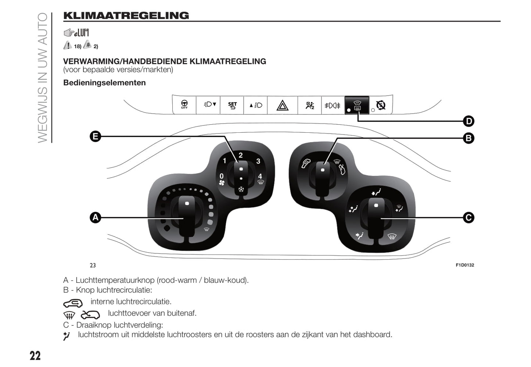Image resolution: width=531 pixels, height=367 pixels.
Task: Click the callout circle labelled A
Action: click(96, 218)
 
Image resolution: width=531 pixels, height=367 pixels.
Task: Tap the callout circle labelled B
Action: click(469, 138)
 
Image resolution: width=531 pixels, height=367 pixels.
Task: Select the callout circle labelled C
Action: click(469, 218)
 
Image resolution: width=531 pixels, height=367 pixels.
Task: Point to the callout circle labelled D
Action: click(469, 121)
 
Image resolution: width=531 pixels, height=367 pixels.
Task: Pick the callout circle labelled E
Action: click(96, 137)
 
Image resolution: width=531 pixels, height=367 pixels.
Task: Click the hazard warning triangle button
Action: click(282, 106)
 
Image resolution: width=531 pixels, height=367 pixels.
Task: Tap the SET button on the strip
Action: click(232, 106)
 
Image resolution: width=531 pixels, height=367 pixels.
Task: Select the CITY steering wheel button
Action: click(184, 105)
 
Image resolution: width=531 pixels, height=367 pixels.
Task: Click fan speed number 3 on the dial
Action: click(258, 161)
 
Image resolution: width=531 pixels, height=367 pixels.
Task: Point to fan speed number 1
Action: click(225, 161)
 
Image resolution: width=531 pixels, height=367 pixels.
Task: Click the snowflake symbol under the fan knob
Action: click(241, 189)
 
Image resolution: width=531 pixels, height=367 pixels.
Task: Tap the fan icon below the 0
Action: click(222, 183)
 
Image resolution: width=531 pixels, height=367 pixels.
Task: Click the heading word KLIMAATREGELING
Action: click(126, 15)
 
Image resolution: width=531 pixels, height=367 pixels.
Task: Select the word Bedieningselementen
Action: click(104, 83)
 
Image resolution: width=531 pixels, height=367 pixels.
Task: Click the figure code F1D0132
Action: click(465, 265)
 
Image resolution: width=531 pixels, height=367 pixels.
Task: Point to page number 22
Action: click(35, 356)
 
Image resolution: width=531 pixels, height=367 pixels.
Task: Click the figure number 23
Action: click(93, 265)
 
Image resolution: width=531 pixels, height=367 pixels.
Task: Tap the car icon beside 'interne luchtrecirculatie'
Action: click(73, 303)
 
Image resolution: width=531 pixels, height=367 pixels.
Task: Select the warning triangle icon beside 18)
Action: click(68, 45)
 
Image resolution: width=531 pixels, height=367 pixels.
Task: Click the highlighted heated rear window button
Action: click(357, 106)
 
